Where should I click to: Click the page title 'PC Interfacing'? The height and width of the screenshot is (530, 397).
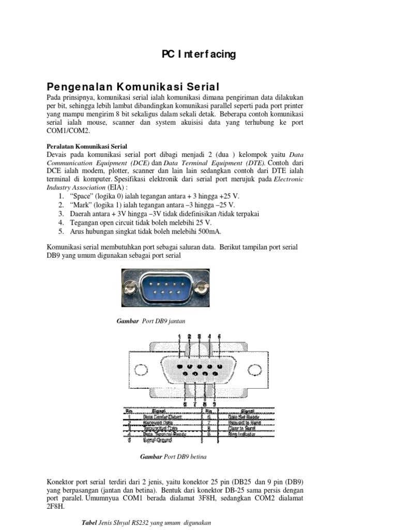coord(198,54)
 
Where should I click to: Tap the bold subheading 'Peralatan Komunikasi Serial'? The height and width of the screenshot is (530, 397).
coord(87,146)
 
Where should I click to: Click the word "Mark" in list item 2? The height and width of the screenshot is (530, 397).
coord(70,205)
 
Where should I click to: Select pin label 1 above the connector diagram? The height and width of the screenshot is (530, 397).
coord(179,337)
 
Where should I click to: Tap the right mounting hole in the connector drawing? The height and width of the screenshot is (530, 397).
coord(255,370)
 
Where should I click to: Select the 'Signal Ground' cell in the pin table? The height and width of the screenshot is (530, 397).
coord(158,440)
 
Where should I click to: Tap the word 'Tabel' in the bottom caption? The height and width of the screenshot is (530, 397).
coord(90,522)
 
